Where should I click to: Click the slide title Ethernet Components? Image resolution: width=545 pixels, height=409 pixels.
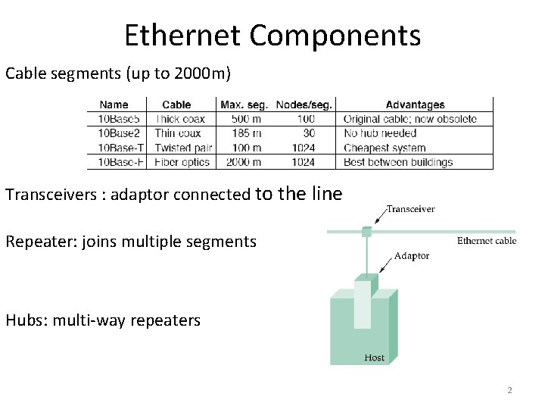coord(272,35)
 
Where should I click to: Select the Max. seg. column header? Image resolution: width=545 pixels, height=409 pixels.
coord(244,105)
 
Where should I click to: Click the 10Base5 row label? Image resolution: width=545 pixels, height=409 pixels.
coord(117,119)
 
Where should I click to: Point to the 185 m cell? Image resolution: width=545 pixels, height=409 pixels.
coord(246,133)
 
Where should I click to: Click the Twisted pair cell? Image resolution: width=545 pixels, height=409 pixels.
coord(183,148)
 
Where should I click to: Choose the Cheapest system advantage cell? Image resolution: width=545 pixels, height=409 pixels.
coord(385,148)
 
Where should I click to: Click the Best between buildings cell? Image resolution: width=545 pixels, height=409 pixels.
coord(398,162)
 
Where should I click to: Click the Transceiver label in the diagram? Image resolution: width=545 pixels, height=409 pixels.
coord(411,209)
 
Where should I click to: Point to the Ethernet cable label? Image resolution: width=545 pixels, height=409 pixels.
coord(487,242)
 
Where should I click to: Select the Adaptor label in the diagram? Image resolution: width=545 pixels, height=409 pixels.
coord(412,256)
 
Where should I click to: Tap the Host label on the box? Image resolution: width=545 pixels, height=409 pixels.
coord(374,357)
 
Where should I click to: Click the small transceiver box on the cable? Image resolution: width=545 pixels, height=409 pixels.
coord(366,231)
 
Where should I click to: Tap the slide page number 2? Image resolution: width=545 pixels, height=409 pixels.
coord(509,390)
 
